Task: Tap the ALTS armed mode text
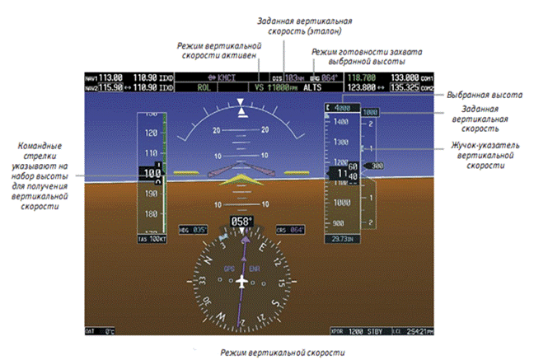coord(312,86)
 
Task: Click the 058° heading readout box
coord(241,222)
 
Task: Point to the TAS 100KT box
coord(152,239)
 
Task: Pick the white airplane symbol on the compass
coord(241,282)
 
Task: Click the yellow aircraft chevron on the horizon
coord(241,180)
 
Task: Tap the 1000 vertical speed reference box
coord(370,112)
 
